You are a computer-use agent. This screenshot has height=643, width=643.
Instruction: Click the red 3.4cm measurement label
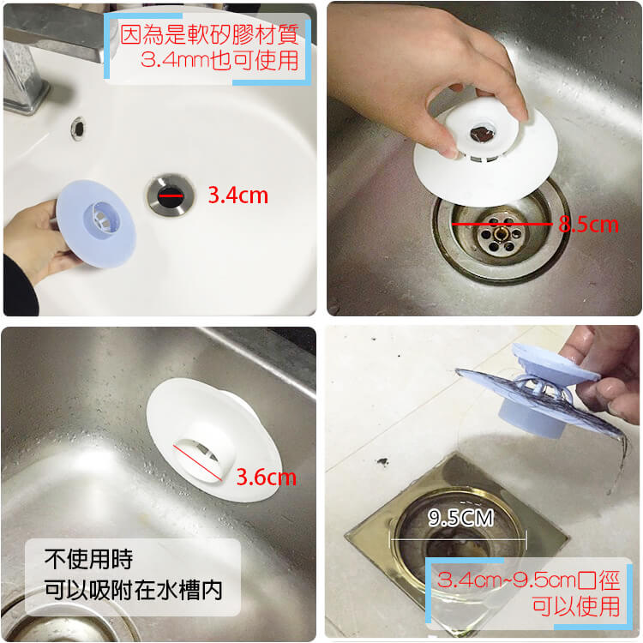[238, 195]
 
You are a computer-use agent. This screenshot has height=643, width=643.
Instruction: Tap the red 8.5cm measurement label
[588, 225]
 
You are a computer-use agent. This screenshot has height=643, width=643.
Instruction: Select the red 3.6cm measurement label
[267, 478]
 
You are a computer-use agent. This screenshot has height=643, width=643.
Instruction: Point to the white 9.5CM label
[461, 518]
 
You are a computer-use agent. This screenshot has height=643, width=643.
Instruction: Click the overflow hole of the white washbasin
[78, 129]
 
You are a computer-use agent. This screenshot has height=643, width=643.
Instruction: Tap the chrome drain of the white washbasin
[171, 195]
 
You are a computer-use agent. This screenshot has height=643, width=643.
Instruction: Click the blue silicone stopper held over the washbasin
[96, 224]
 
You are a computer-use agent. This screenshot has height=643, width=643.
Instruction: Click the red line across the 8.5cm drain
[502, 224]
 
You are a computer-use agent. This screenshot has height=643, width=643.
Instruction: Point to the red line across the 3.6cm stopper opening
[198, 463]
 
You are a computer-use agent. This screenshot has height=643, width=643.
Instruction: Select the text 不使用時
[88, 559]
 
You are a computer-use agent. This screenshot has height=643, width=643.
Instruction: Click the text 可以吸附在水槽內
[134, 590]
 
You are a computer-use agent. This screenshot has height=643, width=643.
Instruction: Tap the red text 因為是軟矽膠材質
[209, 34]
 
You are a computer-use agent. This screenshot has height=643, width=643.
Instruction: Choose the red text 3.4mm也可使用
[219, 60]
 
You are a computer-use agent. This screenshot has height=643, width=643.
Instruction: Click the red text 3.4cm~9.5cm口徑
[528, 580]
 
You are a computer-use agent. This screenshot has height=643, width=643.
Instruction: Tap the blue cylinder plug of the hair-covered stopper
[533, 418]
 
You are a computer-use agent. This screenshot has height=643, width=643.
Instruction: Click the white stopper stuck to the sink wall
[213, 440]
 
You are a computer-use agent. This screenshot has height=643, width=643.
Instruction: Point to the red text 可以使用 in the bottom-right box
[576, 606]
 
